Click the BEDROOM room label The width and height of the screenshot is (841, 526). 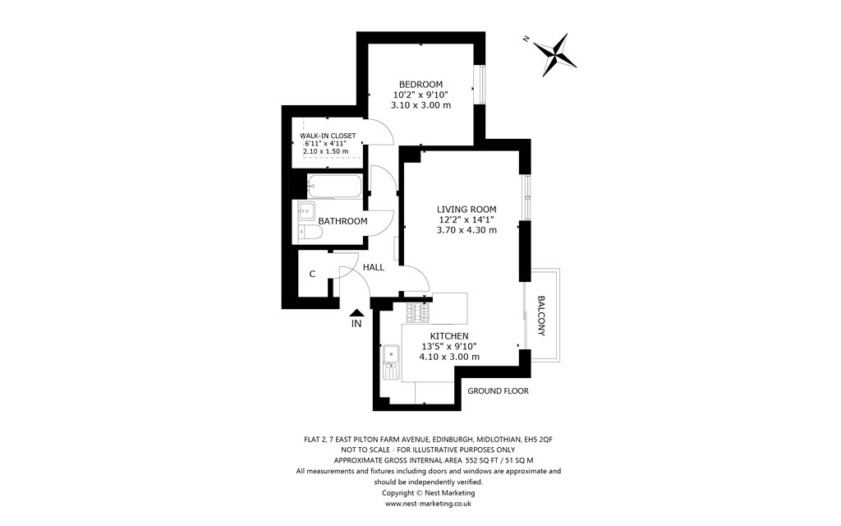pos(420,85)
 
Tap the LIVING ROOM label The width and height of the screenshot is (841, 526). pos(466,210)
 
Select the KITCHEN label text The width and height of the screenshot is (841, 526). pos(449,336)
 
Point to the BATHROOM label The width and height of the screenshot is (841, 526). pos(342,221)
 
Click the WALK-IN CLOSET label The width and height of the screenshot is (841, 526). pos(327,136)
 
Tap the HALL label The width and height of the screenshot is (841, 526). pos(374,267)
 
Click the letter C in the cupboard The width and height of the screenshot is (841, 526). pos(312,275)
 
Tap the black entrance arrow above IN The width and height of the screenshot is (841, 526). pos(356,312)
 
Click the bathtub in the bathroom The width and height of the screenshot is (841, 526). pos(335,186)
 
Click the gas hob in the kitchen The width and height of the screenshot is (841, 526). pos(418,313)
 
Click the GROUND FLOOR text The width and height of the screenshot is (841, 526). pos(498,390)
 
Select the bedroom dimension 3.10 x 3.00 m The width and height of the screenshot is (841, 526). pos(420,105)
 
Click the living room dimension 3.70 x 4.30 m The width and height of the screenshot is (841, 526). pos(466,230)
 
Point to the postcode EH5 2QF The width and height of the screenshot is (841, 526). pos(538,439)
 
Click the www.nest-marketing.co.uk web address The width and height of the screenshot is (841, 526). pos(428,504)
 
